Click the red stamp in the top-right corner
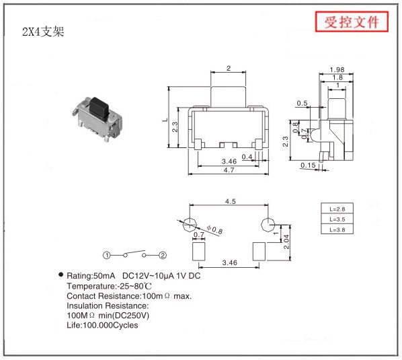[x=352, y=22]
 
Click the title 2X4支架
[x=43, y=32]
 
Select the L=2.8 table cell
[x=337, y=209]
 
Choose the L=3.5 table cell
[x=337, y=219]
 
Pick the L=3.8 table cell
[x=337, y=229]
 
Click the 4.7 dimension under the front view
[x=229, y=170]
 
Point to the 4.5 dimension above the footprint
[x=230, y=201]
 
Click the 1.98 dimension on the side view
[x=337, y=69]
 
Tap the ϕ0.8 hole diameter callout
[x=214, y=229]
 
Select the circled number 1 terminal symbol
[x=107, y=255]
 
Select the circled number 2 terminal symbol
[x=163, y=255]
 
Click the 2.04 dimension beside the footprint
[x=286, y=242]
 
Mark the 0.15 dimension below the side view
[x=308, y=165]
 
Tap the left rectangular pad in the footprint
[x=199, y=252]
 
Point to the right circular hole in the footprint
[x=268, y=225]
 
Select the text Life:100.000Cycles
[x=102, y=325]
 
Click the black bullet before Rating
[x=61, y=275]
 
